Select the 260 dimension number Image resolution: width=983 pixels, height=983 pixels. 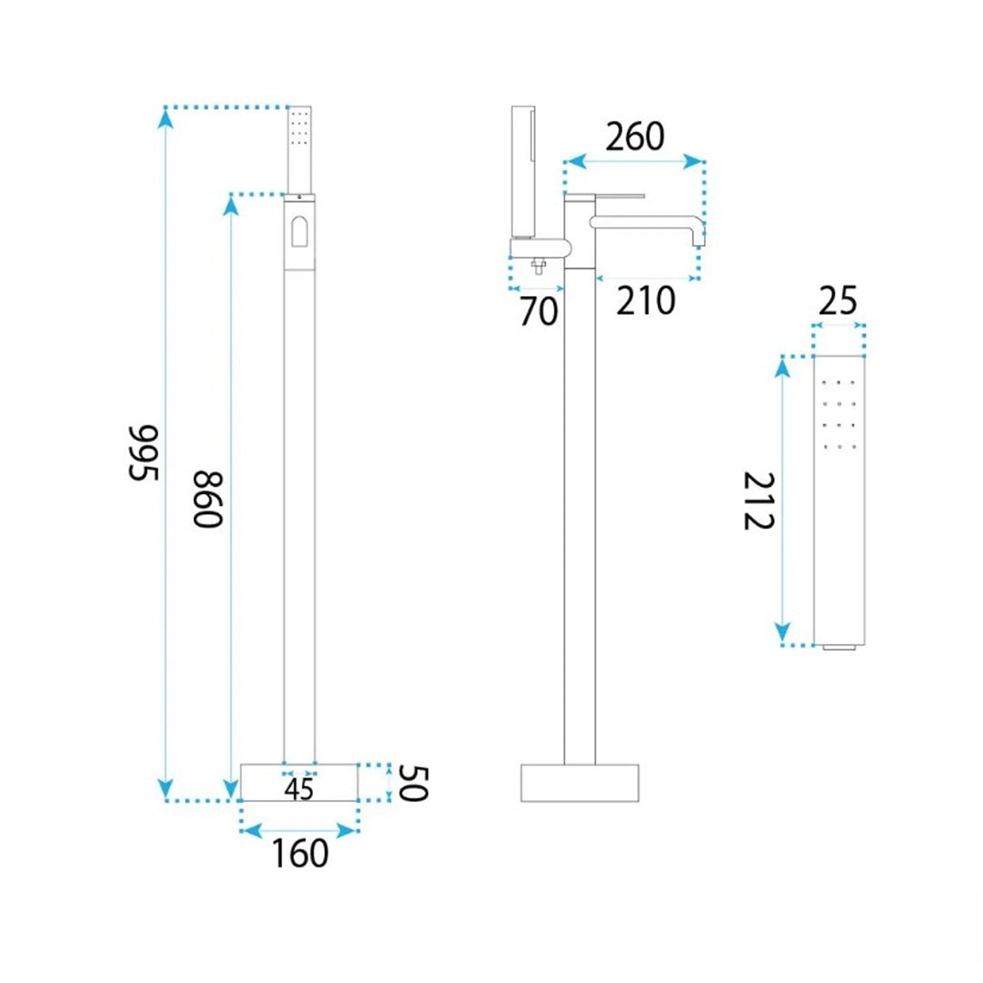pos(635,137)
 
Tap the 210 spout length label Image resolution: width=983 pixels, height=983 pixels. pos(646,301)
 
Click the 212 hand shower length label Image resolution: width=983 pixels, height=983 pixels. pos(760,501)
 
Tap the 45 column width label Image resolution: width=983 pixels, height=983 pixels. pos(299,790)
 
